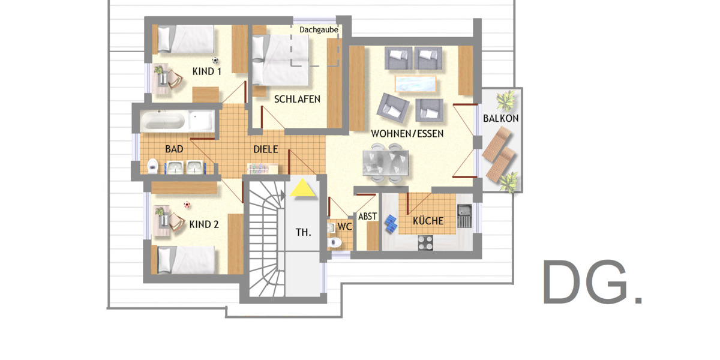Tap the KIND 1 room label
coord(206,71)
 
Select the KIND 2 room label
coord(203,224)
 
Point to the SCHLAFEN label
coord(297,99)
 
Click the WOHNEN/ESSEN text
coord(407,133)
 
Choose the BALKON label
coord(500,119)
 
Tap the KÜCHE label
coord(428,221)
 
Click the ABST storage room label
coord(367,217)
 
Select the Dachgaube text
coord(319,29)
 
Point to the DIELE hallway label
coord(265,149)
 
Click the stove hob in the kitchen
coord(425,242)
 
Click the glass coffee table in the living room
coord(415,83)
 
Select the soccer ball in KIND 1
coord(215,60)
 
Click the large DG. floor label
coord(592,283)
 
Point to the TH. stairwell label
coord(304,232)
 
